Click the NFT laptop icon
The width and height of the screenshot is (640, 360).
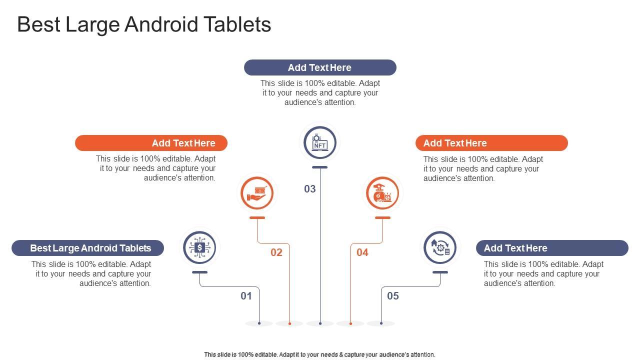(319, 142)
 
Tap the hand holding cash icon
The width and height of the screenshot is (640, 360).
(257, 193)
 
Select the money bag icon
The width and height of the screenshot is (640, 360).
(382, 193)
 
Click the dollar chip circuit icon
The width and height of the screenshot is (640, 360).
(199, 247)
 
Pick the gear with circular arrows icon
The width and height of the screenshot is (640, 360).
(440, 247)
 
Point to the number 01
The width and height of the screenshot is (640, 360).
(246, 296)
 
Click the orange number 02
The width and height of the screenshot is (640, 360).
(276, 252)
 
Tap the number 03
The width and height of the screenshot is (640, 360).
(309, 189)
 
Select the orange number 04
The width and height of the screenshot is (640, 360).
(362, 252)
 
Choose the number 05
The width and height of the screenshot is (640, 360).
(393, 296)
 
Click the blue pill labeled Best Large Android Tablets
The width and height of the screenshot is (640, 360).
(87, 248)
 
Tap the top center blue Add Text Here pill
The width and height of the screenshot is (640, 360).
(320, 67)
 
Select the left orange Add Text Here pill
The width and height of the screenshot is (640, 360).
(151, 143)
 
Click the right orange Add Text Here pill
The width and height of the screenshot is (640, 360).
(491, 143)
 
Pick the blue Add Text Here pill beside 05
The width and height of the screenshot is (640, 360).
(552, 248)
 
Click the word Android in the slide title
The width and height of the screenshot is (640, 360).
(161, 24)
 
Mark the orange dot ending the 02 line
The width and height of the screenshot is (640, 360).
(289, 323)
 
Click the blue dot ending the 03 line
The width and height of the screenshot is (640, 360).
(320, 323)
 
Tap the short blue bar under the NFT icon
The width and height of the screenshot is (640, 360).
(319, 167)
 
